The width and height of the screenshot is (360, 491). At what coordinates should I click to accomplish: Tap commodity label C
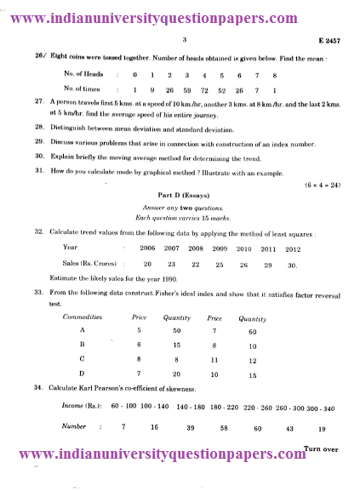pos(81,359)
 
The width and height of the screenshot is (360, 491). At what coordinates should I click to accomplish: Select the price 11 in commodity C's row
pos(215,359)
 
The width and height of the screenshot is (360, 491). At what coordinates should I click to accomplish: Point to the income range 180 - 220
pos(223,407)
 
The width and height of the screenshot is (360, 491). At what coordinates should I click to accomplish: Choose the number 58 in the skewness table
pos(223,427)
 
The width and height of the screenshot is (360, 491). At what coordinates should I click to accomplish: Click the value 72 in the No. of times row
pos(204,88)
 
